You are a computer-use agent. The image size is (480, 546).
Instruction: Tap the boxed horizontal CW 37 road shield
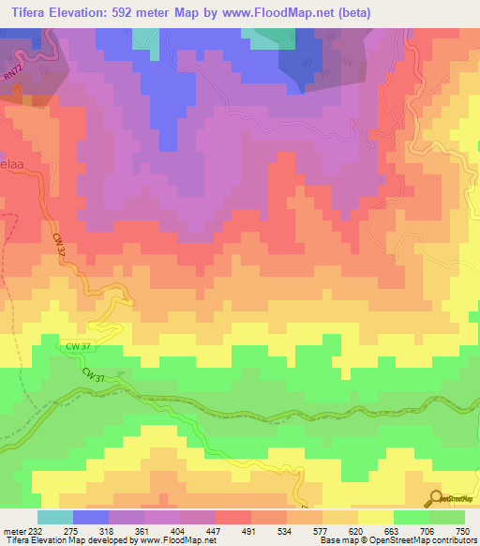click(x=79, y=346)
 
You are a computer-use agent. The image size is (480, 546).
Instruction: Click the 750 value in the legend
click(x=460, y=530)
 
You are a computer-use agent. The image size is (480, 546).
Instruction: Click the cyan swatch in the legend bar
click(x=54, y=517)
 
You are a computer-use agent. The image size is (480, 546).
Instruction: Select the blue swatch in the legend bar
click(x=91, y=517)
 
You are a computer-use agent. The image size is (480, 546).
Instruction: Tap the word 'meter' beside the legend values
click(x=14, y=530)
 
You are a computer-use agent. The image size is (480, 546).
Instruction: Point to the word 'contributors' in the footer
click(x=453, y=541)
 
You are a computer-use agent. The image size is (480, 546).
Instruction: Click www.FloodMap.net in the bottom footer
click(x=176, y=541)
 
